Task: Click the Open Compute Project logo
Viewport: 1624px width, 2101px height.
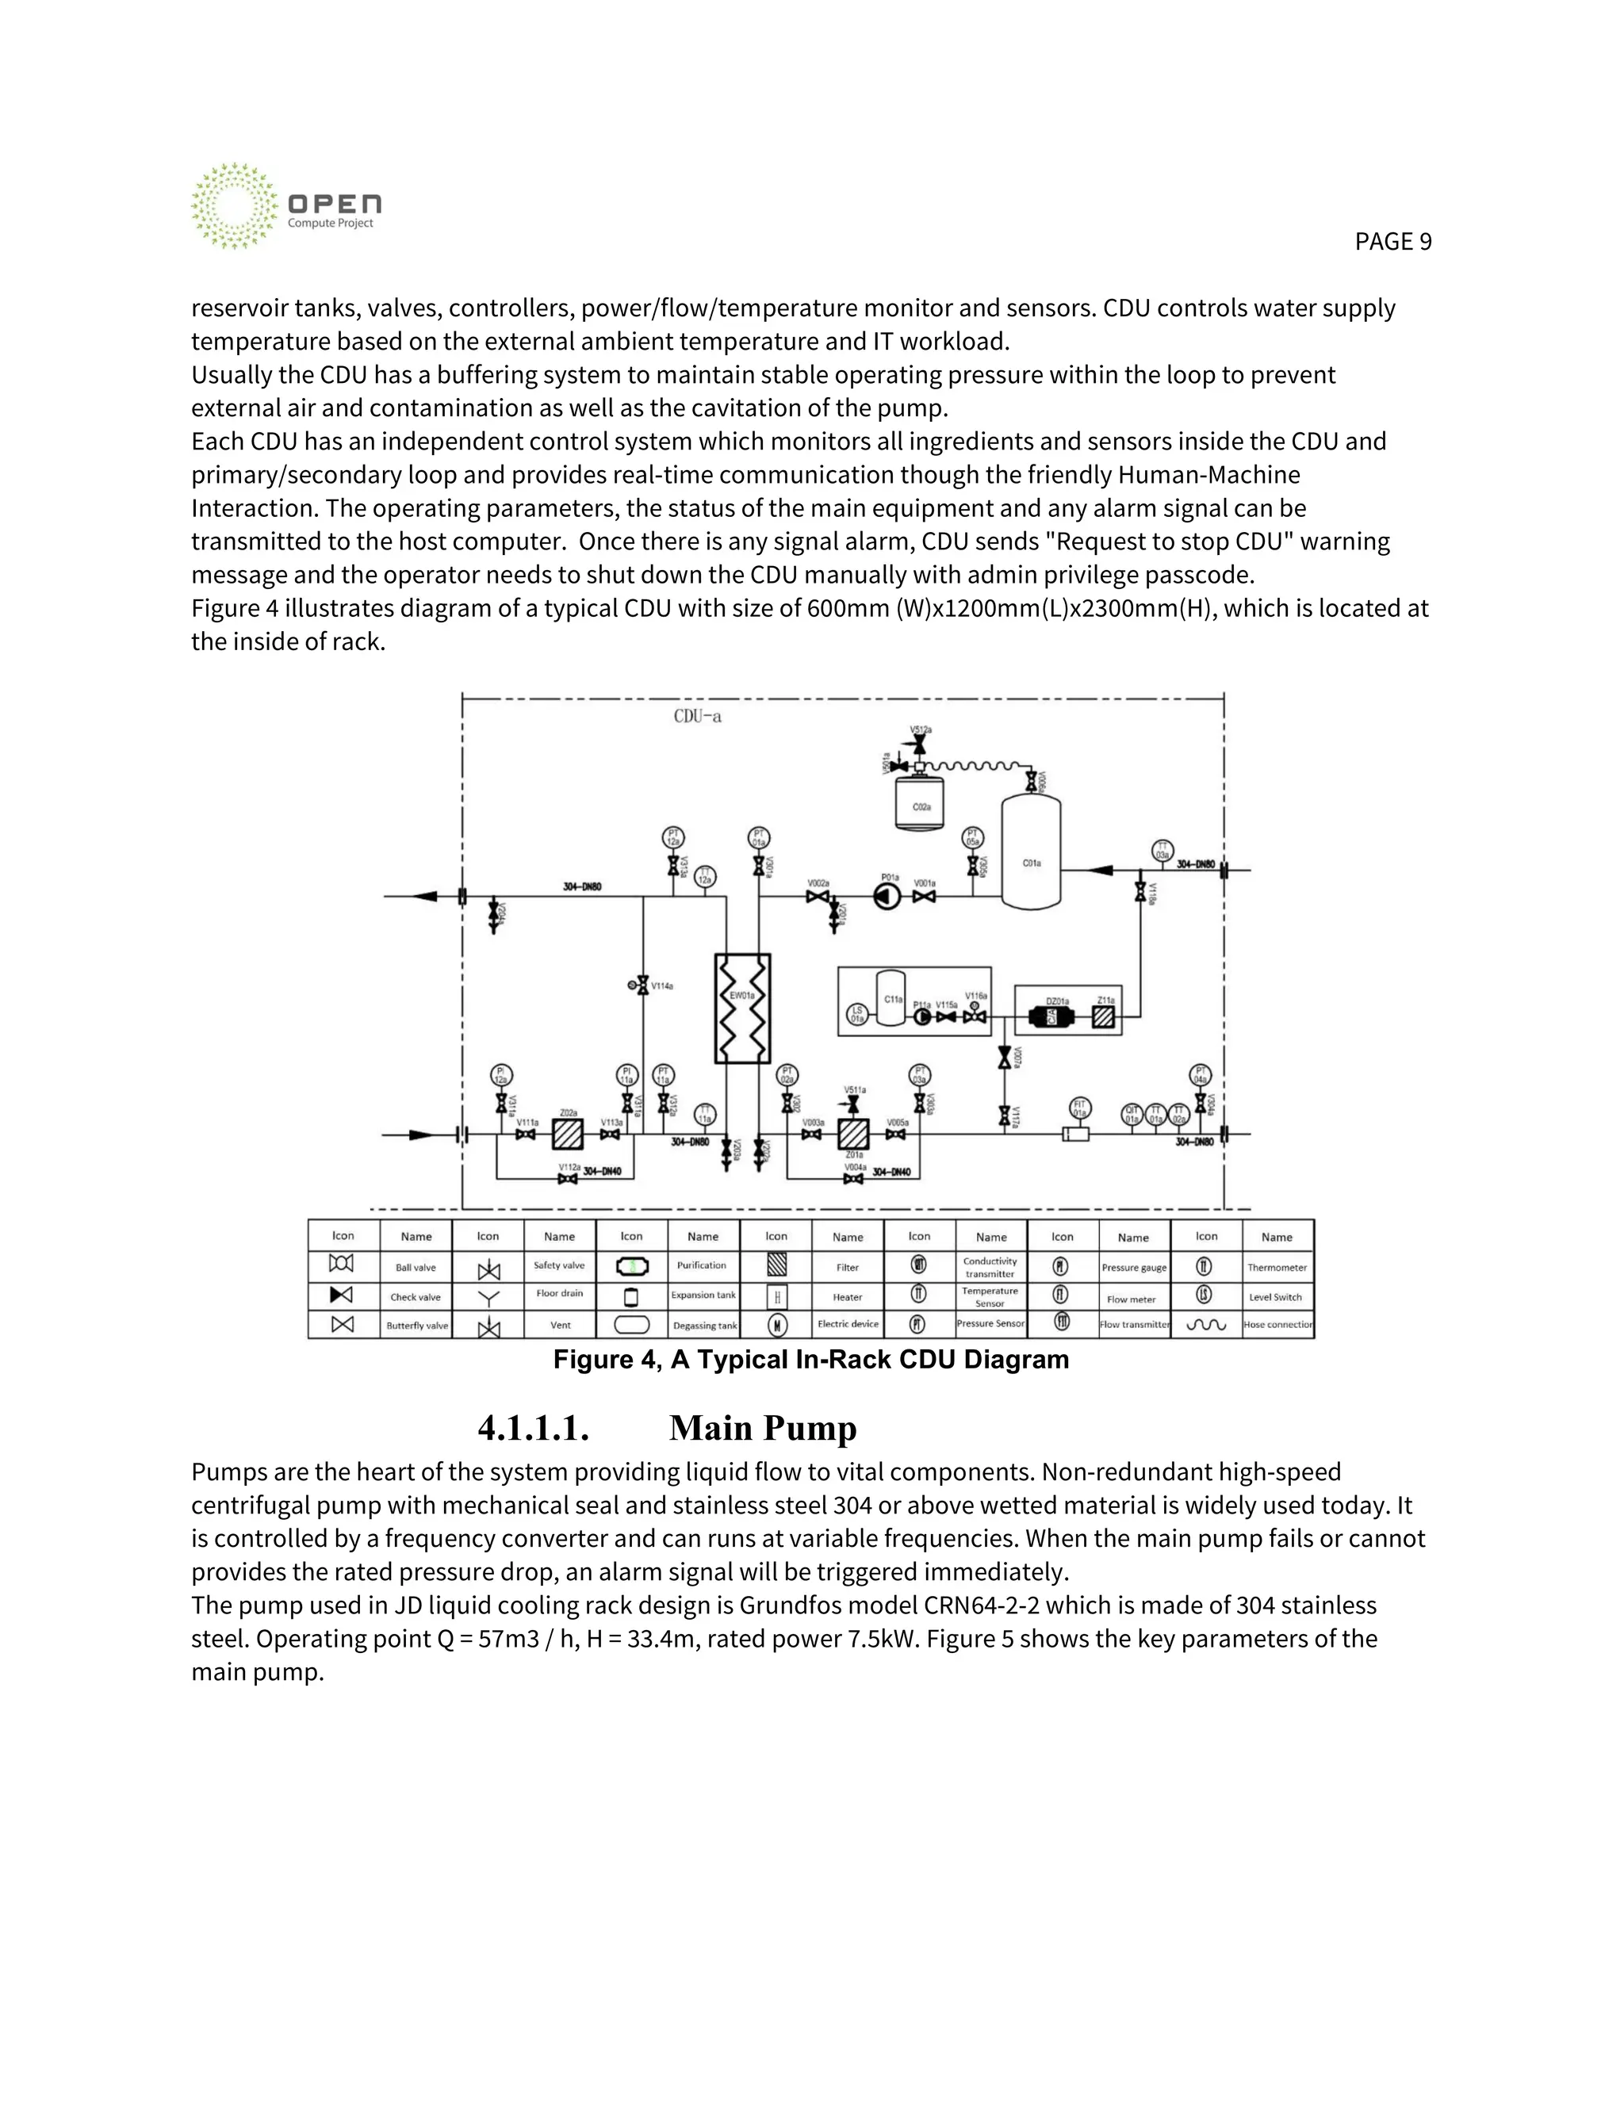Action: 285,206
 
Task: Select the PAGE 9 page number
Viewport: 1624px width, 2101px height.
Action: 1392,242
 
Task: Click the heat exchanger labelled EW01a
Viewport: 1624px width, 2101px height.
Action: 741,1008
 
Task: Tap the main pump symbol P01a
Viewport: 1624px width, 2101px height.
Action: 887,897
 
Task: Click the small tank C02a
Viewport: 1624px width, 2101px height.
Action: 921,804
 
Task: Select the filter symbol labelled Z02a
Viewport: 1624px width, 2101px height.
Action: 568,1135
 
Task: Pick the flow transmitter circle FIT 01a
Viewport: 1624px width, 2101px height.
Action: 1079,1109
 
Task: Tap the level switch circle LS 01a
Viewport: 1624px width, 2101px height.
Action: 856,1014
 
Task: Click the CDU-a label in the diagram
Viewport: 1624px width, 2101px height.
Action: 698,717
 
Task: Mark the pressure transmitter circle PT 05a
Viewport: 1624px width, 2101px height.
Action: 973,837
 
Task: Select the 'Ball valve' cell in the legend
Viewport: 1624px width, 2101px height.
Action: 416,1268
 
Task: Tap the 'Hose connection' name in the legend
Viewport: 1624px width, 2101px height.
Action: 1277,1325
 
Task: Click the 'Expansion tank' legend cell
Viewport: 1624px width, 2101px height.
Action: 703,1295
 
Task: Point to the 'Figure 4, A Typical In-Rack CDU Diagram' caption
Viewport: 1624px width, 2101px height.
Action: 811,1359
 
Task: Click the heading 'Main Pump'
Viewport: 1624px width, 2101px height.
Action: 762,1428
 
